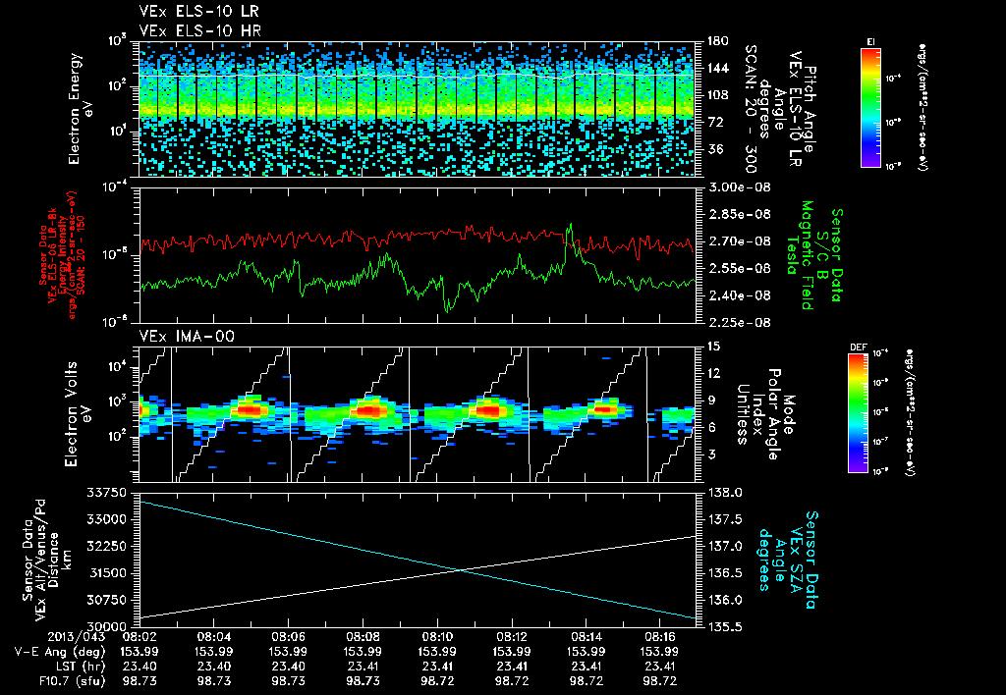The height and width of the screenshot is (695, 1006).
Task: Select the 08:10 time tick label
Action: [x=437, y=636]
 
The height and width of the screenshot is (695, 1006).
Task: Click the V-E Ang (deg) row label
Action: [x=47, y=651]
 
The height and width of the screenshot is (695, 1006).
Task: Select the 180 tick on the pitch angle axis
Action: [x=714, y=40]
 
